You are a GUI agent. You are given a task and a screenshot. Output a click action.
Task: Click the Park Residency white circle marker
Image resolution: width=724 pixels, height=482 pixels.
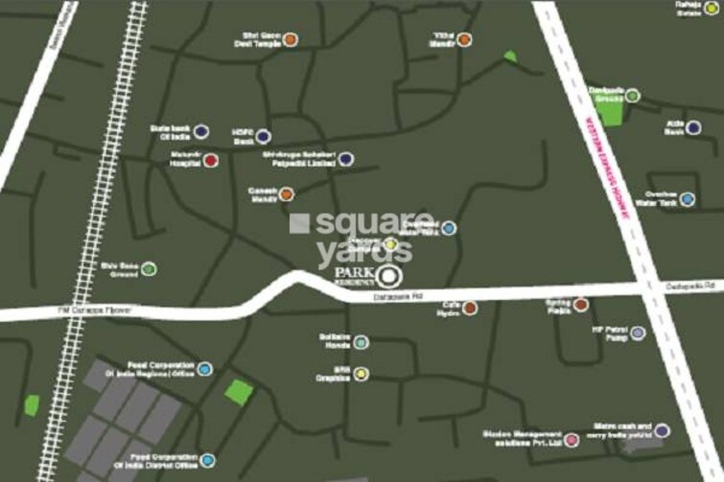click(386, 278)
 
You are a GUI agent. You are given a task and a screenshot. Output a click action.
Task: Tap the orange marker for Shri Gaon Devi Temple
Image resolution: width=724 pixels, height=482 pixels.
click(290, 40)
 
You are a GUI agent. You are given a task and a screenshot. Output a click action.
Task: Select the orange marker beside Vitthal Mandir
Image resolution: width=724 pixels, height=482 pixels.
click(464, 39)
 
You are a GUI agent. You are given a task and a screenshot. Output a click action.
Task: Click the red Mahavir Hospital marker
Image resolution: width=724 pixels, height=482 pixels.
click(211, 160)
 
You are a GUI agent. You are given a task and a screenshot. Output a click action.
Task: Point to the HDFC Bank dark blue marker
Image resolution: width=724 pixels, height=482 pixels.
click(263, 137)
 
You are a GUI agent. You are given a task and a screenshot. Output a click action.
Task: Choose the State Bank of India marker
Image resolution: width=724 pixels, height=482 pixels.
click(201, 131)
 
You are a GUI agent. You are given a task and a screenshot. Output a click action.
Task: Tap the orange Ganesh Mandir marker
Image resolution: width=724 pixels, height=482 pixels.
click(287, 194)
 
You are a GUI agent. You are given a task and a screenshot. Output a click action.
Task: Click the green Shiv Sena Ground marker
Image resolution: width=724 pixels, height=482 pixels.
click(150, 269)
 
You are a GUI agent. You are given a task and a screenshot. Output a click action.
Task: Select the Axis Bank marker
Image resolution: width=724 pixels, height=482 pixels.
click(694, 127)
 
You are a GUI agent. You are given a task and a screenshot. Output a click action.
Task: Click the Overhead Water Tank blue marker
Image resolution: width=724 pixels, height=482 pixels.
click(688, 199)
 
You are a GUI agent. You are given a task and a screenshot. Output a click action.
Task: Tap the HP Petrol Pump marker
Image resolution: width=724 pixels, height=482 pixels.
click(639, 333)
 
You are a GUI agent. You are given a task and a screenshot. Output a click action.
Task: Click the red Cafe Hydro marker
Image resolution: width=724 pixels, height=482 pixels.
click(470, 308)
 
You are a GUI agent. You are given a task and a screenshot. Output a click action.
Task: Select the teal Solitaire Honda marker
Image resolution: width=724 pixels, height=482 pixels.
click(361, 342)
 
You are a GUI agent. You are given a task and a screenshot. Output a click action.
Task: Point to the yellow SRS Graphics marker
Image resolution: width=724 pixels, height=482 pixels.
click(361, 374)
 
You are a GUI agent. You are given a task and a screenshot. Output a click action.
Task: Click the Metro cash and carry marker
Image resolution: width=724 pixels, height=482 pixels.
click(662, 430)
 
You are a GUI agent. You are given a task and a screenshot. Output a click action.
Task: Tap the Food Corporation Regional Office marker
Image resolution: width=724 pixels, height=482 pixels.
click(205, 369)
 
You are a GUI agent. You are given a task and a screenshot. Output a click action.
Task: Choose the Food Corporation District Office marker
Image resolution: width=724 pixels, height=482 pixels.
click(205, 461)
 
